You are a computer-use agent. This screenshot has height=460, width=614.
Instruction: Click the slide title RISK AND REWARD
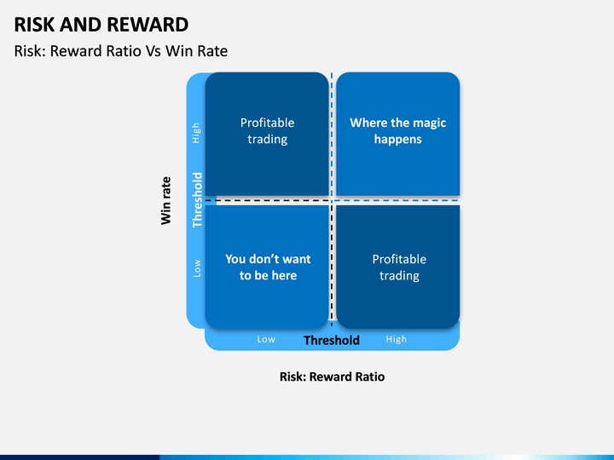click(x=101, y=25)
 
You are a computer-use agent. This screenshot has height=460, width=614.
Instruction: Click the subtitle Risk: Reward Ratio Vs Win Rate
click(x=121, y=51)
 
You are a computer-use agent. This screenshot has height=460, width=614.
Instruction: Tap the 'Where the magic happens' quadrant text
click(x=398, y=130)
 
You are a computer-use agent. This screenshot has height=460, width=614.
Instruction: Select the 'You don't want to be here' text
click(x=269, y=267)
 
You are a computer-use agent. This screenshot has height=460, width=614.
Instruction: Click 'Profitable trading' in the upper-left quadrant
click(x=268, y=131)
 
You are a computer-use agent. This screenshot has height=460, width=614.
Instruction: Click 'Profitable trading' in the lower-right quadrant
click(x=399, y=267)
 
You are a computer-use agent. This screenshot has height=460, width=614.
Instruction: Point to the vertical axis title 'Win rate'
click(x=166, y=201)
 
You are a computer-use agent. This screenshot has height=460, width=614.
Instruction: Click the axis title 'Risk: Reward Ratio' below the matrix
click(x=332, y=377)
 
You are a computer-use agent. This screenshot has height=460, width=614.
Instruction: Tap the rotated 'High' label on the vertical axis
click(x=196, y=133)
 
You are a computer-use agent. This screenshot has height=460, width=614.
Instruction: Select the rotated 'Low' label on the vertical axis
click(x=197, y=268)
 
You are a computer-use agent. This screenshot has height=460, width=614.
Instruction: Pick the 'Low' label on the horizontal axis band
click(x=266, y=339)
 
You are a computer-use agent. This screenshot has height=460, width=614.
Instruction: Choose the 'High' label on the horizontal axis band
click(x=397, y=339)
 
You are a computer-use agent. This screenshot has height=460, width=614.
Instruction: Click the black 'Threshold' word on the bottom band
click(x=332, y=340)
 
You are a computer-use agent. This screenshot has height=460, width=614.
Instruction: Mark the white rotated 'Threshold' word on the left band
click(x=197, y=200)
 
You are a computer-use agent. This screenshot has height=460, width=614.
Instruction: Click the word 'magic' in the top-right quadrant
click(x=430, y=124)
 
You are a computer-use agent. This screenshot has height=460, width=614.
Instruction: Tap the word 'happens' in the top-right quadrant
click(x=398, y=140)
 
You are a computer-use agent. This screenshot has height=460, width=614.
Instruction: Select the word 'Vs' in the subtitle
click(x=153, y=51)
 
